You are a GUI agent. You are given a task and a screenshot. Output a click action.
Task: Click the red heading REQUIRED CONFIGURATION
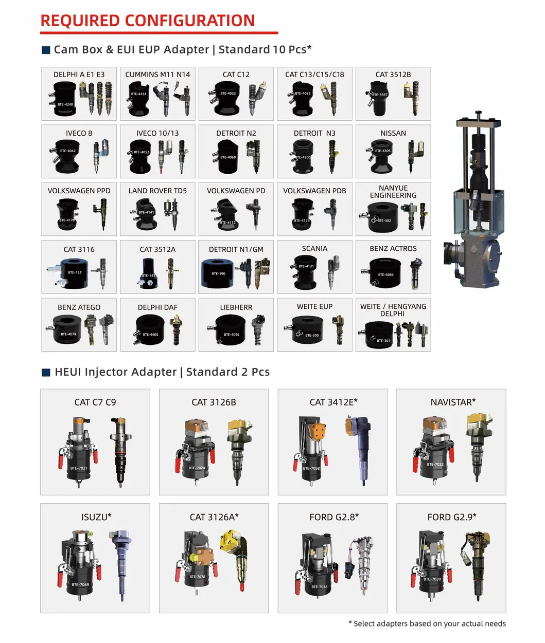(x=148, y=21)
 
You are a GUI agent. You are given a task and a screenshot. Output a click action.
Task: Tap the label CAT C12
(x=236, y=75)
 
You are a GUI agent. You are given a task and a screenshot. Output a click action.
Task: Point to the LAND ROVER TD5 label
(x=157, y=191)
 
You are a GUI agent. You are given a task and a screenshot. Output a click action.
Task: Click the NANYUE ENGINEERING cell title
(x=393, y=192)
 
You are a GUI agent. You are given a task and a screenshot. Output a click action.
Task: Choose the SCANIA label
(x=314, y=249)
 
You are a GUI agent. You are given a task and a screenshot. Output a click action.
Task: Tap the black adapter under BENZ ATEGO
(x=66, y=329)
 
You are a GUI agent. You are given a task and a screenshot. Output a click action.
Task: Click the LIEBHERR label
(x=236, y=307)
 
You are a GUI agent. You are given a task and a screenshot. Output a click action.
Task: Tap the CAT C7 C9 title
(x=95, y=402)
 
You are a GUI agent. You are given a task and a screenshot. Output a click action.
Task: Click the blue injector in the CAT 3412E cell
(x=360, y=450)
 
